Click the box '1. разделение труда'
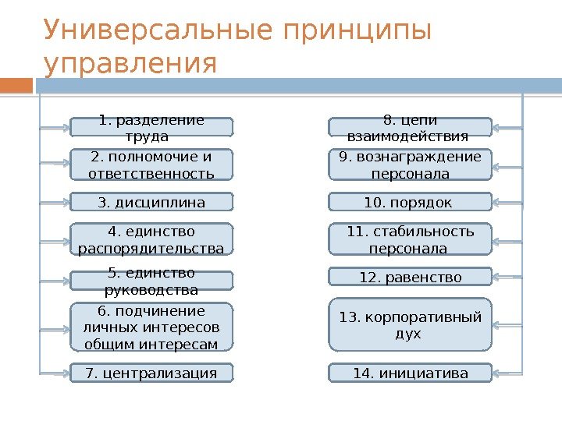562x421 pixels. pos(151,127)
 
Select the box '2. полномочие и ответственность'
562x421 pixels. pos(151,165)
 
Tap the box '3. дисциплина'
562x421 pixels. pos(151,203)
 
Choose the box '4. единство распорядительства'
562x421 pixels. pos(151,239)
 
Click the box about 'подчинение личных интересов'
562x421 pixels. pos(151,327)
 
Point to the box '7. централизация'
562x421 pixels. pos(151,373)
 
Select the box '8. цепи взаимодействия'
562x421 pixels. pos(410,128)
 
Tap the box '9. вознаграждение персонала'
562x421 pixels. pos(410,165)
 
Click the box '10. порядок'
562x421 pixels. pos(410,203)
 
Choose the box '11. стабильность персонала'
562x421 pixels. pos(410,239)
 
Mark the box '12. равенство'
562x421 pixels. pos(410,277)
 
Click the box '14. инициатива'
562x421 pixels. pos(410,373)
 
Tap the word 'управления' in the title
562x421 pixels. pos(130,65)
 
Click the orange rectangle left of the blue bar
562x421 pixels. pos(17,84)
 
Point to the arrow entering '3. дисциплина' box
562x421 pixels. pos(55,203)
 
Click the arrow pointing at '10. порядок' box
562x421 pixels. pos(507,203)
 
